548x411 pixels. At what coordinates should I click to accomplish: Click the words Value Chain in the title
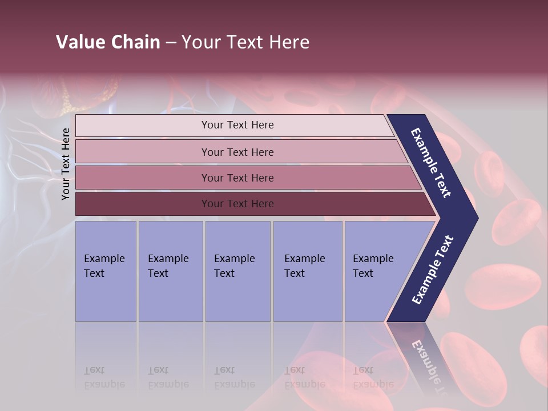tap(108, 42)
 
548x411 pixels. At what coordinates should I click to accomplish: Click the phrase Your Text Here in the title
tap(245, 42)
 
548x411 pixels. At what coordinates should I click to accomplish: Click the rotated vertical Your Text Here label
tap(66, 164)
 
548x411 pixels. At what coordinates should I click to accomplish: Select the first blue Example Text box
tap(106, 271)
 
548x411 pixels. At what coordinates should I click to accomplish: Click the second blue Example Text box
tap(170, 271)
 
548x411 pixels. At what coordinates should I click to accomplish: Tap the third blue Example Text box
tap(237, 271)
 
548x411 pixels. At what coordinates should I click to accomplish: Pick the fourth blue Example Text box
tap(307, 271)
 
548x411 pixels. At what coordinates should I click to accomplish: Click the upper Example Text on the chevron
tap(431, 163)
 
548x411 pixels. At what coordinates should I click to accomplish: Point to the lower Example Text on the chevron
tap(433, 270)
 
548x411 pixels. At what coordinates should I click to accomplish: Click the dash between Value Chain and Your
tap(171, 43)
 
